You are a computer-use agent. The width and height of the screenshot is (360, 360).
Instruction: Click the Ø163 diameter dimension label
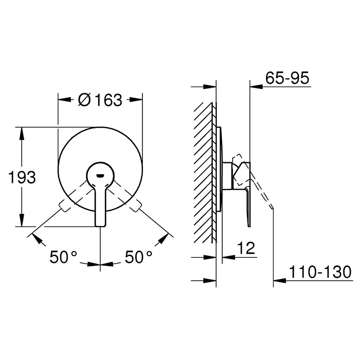(100, 100)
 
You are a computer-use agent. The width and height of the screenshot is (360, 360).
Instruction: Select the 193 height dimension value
(22, 177)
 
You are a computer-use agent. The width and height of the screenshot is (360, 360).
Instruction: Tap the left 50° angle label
(63, 257)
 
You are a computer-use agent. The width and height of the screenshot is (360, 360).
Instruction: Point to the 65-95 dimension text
(287, 78)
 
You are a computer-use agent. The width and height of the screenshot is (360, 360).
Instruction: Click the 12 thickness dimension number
(246, 248)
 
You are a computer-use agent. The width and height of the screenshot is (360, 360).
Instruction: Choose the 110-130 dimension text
(320, 272)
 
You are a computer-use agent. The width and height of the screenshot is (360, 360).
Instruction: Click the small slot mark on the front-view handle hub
(100, 176)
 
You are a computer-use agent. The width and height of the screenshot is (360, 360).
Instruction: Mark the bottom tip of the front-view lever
(100, 226)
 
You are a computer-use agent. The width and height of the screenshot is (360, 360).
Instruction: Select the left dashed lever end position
(64, 206)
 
